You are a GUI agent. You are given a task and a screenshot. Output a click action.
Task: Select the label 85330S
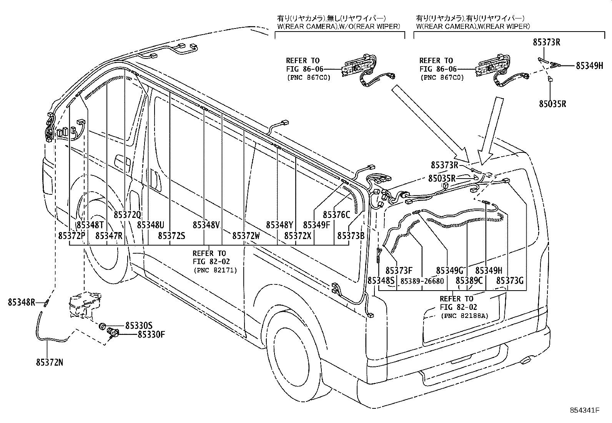(139, 325)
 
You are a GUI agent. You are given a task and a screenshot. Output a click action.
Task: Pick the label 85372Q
(127, 215)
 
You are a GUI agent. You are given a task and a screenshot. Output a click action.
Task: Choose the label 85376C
(336, 215)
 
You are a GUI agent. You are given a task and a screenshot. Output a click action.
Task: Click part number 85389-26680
(422, 281)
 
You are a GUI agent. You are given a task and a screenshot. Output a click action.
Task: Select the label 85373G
(510, 281)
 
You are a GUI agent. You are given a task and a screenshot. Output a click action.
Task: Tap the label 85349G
(449, 271)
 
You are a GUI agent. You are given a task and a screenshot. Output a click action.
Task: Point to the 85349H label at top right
(589, 65)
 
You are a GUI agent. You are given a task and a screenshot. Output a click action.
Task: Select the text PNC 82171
(215, 270)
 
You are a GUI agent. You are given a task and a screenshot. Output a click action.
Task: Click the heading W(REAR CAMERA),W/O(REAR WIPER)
(339, 26)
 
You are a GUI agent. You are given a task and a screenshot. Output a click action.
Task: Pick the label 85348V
(206, 225)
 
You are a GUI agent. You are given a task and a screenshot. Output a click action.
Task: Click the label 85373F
(399, 271)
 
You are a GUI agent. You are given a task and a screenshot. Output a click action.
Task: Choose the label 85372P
(72, 235)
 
